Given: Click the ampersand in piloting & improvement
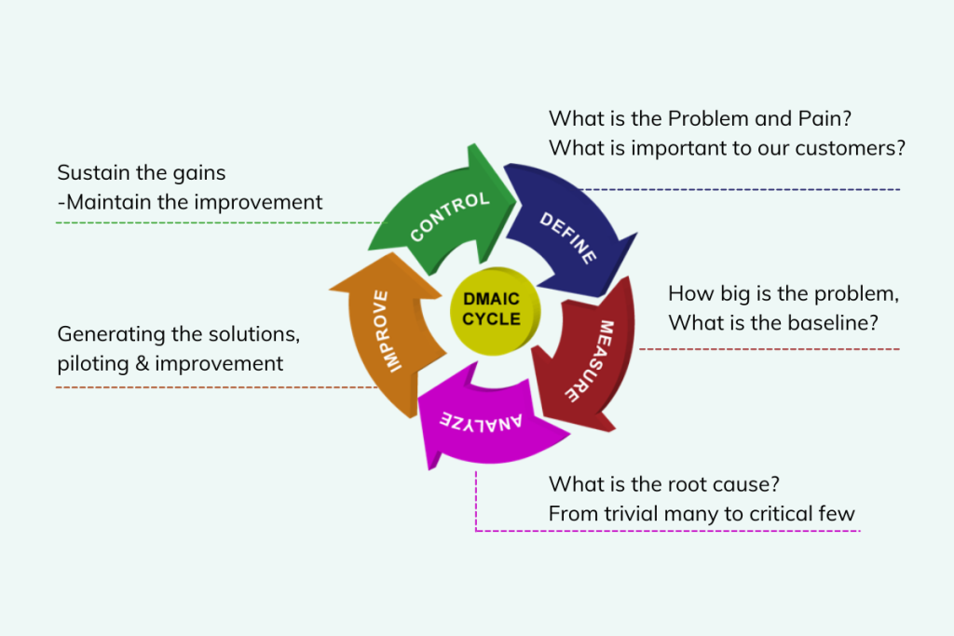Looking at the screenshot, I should (143, 363).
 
